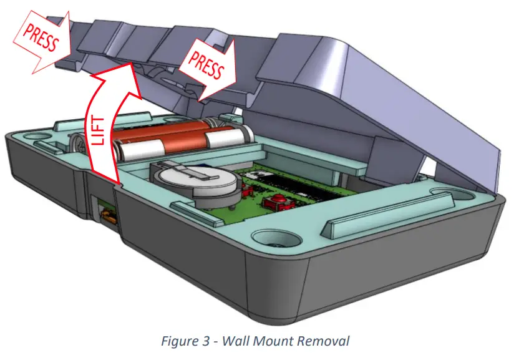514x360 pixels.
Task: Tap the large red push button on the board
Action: pos(274,203)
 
